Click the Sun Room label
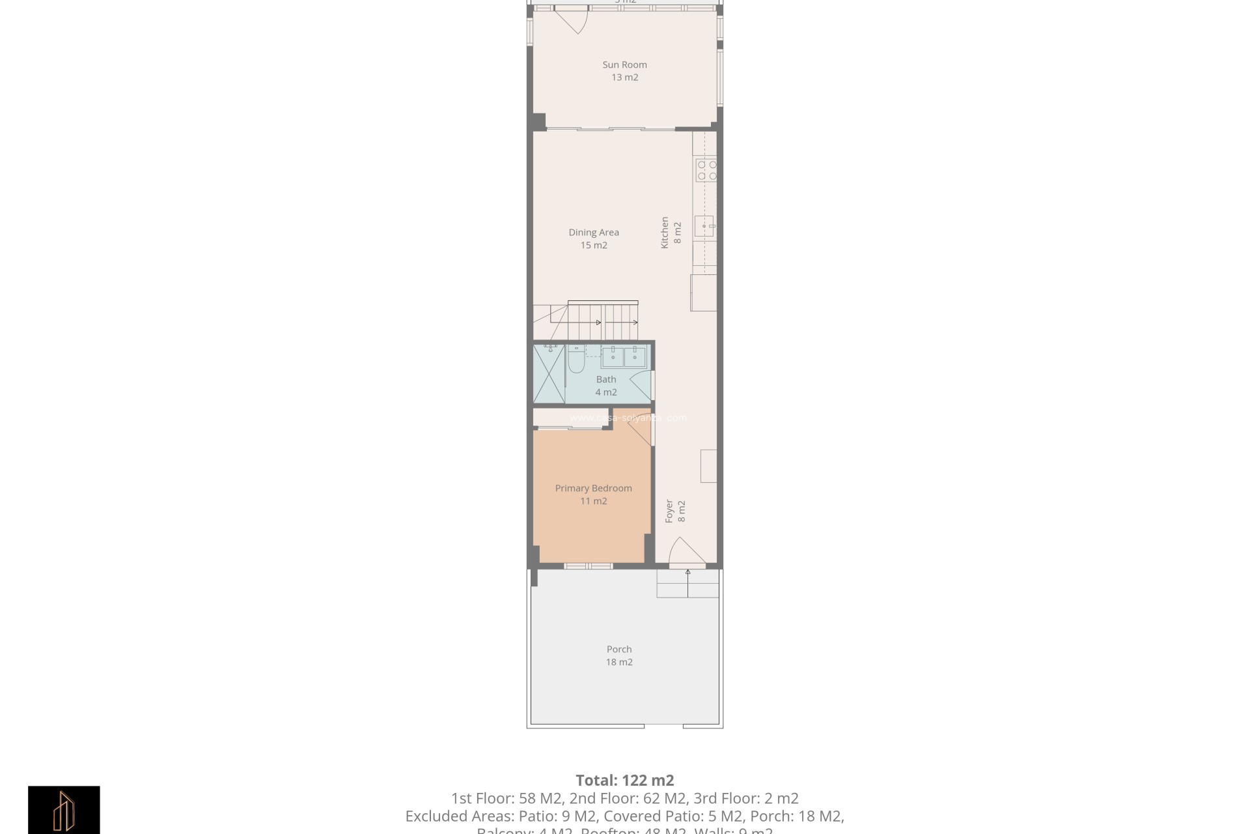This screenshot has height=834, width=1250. coord(624,65)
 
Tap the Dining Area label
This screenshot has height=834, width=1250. coord(594,233)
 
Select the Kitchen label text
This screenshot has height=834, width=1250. coord(665,233)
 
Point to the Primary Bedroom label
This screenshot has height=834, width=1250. coord(593,488)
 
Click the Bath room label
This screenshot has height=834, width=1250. coord(606,379)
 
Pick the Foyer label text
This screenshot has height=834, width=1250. coord(669,511)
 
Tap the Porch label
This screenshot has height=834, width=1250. coord(619,649)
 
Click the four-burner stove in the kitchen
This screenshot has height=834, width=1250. coord(706,170)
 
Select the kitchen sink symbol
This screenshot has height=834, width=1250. coord(704,226)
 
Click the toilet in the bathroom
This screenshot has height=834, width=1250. coord(576,359)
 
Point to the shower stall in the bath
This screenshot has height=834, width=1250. coord(549,374)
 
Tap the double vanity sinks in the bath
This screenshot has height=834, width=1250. coord(623,356)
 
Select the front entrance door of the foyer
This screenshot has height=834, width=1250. coord(686,551)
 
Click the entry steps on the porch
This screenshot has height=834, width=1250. coord(687,584)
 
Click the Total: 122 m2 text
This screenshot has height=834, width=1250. coord(624,780)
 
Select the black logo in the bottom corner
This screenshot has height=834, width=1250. coord(64,809)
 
